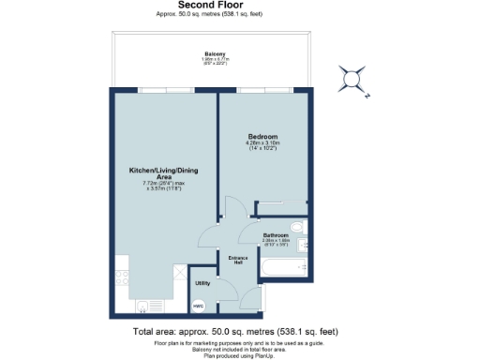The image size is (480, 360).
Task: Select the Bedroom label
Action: click(x=262, y=136)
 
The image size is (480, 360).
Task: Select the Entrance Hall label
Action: click(x=237, y=260)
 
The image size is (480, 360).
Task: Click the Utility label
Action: click(x=202, y=282)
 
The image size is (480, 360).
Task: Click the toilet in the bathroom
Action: click(x=296, y=228)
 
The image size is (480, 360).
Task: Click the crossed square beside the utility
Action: click(x=180, y=271)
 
